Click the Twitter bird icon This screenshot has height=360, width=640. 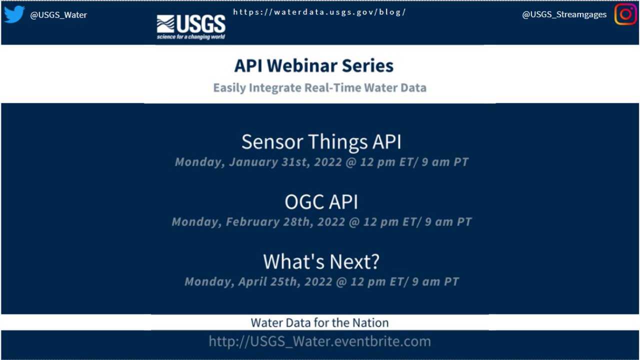pos(14,14)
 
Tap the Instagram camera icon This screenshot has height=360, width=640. pos(625,14)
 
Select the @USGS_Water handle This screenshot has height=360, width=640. pos(58,15)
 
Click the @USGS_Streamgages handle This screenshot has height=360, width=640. pos(564,15)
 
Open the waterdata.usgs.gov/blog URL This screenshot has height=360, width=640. pos(319,12)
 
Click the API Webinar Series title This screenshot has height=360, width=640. pos(314,66)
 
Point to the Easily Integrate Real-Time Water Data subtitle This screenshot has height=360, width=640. pos(319,88)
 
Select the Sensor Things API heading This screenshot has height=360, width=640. pos(321,142)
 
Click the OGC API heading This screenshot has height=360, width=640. pos(321,202)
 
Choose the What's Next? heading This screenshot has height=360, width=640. pos(321,261)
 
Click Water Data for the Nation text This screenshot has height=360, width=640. pos(319,322)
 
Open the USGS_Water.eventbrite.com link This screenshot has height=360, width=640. pos(319,341)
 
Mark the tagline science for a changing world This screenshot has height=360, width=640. pos(191,36)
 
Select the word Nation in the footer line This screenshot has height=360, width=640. pos(371,322)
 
